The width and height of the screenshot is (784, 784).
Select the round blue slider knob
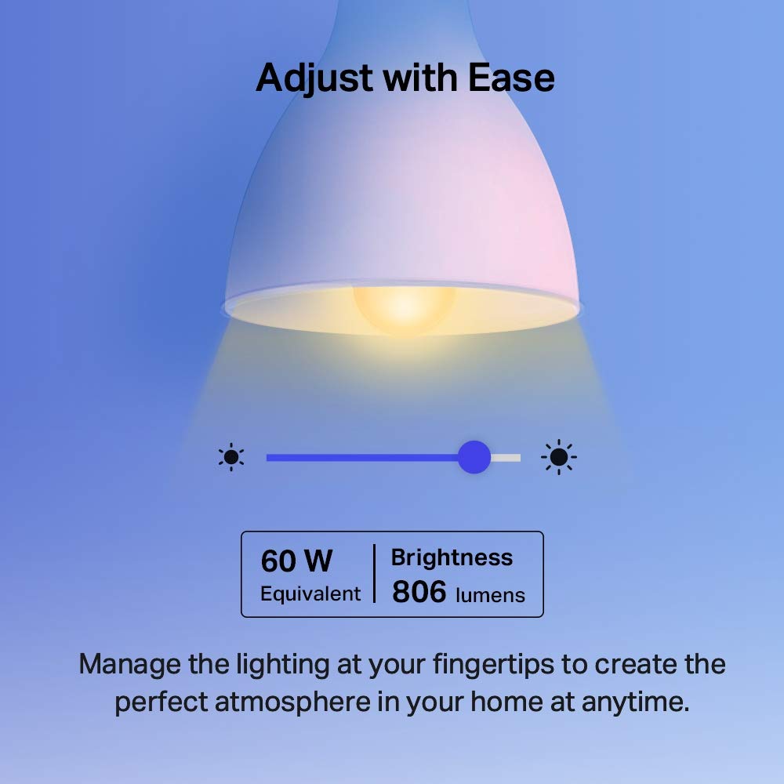[x=474, y=456]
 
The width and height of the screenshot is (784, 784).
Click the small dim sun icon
[x=231, y=457]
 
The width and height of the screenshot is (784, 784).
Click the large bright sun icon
[x=559, y=457]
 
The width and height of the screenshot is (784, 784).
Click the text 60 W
[x=296, y=561]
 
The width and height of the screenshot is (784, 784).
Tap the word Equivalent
[x=310, y=593]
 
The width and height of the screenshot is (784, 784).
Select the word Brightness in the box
[x=452, y=557]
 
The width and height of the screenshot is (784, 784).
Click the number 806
[x=419, y=593]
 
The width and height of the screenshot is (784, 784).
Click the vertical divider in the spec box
[x=374, y=574]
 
